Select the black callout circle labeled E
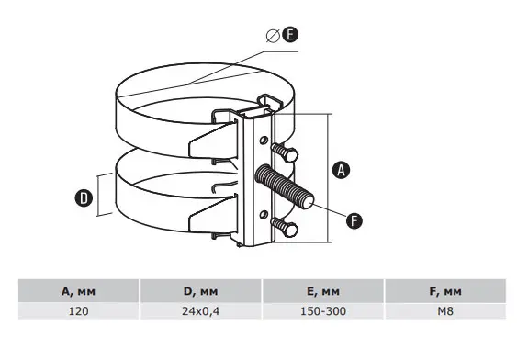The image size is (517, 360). pyautogui.click(x=289, y=36)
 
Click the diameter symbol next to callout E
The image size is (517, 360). pyautogui.click(x=272, y=36)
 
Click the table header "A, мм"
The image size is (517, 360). pyautogui.click(x=79, y=291)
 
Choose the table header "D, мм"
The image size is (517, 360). pyautogui.click(x=201, y=291)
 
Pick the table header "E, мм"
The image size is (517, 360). pyautogui.click(x=324, y=291)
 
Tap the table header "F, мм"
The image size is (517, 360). pyautogui.click(x=446, y=291)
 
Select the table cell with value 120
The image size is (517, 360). pyautogui.click(x=79, y=312)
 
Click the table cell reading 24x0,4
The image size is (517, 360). pyautogui.click(x=201, y=312)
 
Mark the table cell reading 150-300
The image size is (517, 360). pyautogui.click(x=324, y=312)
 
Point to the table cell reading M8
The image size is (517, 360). pyautogui.click(x=446, y=312)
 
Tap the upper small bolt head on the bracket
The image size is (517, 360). pyautogui.click(x=287, y=152)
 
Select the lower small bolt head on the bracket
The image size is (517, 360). pyautogui.click(x=288, y=226)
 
